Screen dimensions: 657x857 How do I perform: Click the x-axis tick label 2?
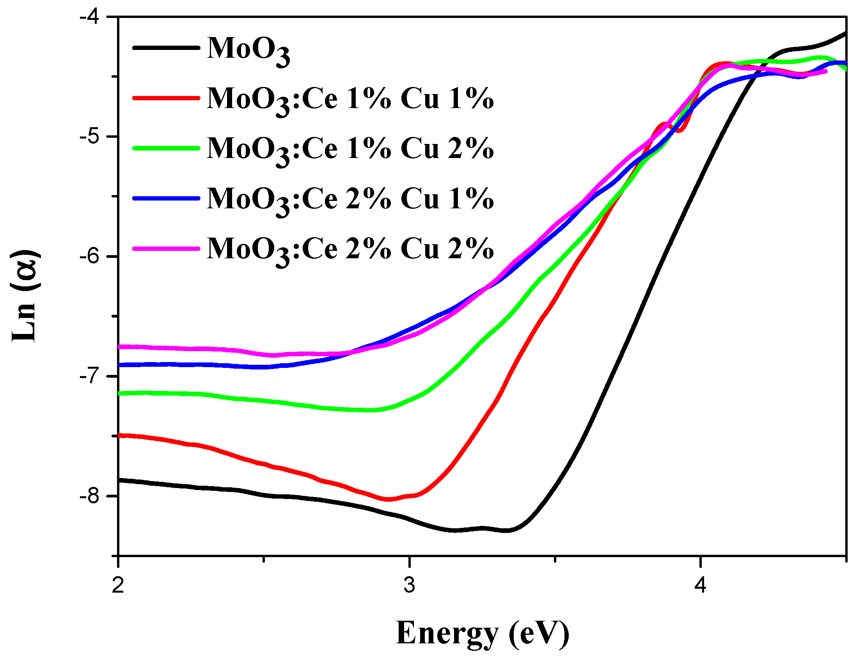point(118,586)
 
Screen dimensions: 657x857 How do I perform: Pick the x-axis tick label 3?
point(409,586)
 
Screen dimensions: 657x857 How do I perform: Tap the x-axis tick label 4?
point(701,586)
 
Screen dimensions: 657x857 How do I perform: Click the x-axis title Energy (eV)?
point(482,633)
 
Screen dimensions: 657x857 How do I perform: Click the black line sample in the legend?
point(166,48)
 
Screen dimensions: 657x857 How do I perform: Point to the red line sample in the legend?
point(166,98)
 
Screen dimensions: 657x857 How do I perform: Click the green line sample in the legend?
point(166,148)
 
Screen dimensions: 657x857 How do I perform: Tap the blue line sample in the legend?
point(166,198)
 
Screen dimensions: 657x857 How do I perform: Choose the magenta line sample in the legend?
point(166,249)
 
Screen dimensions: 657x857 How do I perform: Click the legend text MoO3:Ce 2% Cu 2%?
point(350,250)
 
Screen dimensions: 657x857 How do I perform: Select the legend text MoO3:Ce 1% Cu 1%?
point(350,99)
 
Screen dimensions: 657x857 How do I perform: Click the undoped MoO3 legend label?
point(248,50)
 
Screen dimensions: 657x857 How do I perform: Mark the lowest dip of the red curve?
point(389,499)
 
